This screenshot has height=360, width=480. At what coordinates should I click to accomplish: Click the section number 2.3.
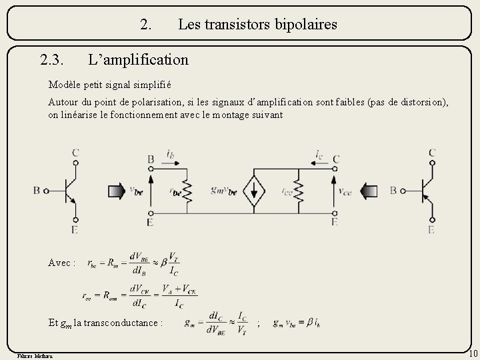pyautogui.click(x=52, y=60)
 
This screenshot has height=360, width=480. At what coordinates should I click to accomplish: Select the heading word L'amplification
pyautogui.click(x=139, y=60)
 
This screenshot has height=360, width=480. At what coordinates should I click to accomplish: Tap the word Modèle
pyautogui.click(x=63, y=85)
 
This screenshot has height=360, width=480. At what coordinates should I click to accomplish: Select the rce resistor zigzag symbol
pyautogui.click(x=299, y=192)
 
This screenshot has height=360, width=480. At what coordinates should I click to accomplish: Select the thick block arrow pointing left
pyautogui.click(x=371, y=191)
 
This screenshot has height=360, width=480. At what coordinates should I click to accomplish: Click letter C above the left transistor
pyautogui.click(x=75, y=153)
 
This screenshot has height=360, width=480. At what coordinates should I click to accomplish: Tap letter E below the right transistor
pyautogui.click(x=431, y=230)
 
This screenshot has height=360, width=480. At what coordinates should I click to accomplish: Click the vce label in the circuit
pyautogui.click(x=345, y=191)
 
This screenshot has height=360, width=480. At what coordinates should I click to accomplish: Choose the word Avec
pyautogui.click(x=62, y=263)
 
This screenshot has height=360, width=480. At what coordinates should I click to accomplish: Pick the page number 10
pyautogui.click(x=472, y=353)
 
